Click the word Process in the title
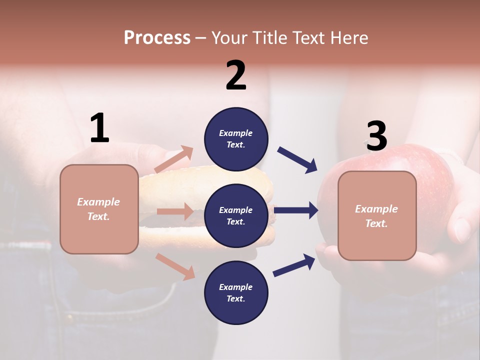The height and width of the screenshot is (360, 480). (x=157, y=38)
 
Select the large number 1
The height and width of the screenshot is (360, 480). (x=99, y=128)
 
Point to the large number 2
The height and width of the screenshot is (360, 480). (x=236, y=75)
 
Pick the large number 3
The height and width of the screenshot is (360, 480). (x=376, y=136)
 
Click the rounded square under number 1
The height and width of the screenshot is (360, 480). (x=99, y=209)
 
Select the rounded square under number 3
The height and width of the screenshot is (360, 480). (x=377, y=215)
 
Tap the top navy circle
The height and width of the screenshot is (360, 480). (x=236, y=139)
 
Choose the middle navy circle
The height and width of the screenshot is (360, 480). (x=236, y=215)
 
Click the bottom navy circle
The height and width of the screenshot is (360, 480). (x=236, y=292)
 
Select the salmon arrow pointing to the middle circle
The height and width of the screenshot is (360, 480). (x=174, y=211)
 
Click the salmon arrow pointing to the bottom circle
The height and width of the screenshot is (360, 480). (x=175, y=266)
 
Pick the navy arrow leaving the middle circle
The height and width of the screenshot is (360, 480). (x=296, y=210)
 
